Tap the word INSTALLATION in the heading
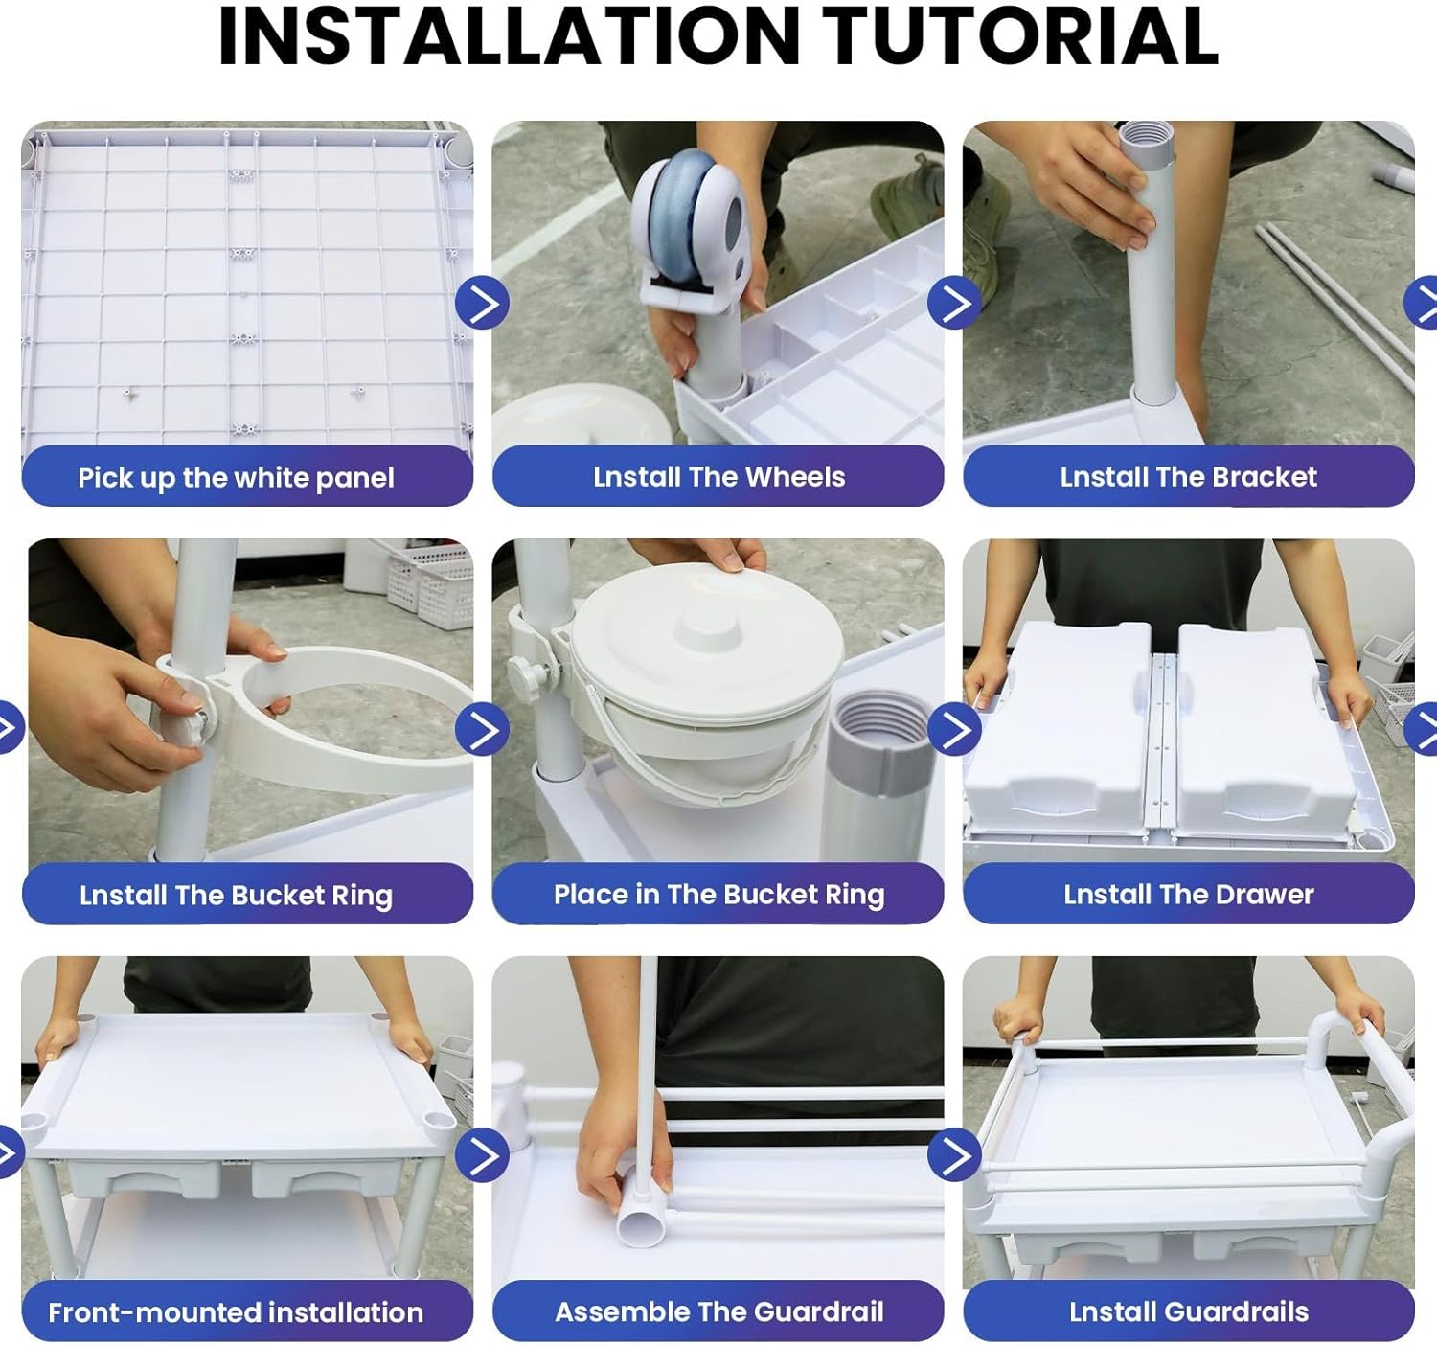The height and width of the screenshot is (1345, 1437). (509, 36)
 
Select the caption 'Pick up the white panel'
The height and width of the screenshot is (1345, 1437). (236, 478)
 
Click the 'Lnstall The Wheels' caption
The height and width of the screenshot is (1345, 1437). (718, 477)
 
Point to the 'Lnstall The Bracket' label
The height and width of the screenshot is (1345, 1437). (1188, 477)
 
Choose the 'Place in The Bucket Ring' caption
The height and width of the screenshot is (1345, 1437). (718, 895)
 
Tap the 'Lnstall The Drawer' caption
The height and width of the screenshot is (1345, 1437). (1188, 895)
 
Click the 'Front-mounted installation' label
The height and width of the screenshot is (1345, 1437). (236, 1312)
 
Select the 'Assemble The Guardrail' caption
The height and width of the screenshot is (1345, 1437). (718, 1311)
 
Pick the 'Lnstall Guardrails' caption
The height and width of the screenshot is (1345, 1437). (1188, 1311)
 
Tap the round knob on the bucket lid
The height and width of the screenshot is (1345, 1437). (707, 627)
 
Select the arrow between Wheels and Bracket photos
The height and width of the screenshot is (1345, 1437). (954, 303)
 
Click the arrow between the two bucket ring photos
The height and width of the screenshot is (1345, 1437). (483, 729)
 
